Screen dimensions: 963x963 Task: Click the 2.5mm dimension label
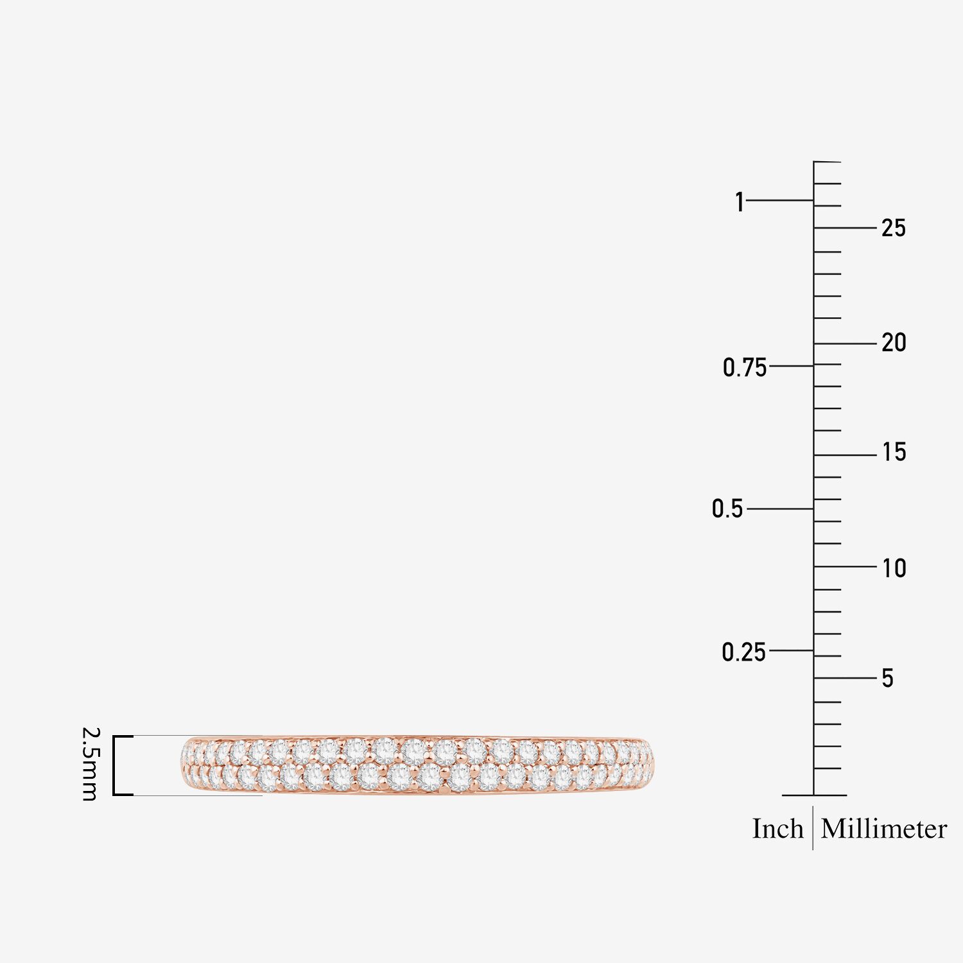[x=90, y=764]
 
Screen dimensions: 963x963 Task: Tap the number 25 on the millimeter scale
[x=893, y=228]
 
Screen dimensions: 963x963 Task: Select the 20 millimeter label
[x=894, y=343]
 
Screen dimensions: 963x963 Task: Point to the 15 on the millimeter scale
[x=894, y=452]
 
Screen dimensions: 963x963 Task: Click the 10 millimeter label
[x=894, y=568]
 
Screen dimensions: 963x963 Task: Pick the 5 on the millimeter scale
[x=888, y=678]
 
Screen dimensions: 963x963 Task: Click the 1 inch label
[x=740, y=202]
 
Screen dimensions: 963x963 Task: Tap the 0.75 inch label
[x=745, y=368]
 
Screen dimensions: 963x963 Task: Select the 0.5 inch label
[x=727, y=508]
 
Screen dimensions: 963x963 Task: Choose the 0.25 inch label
[x=744, y=652]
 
